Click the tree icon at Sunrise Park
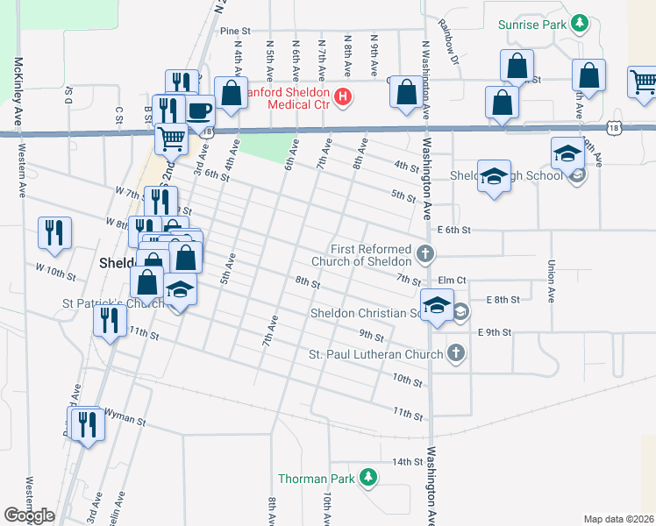pos(579,22)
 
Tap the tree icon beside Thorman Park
pos(369,478)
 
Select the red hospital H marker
pos(343,96)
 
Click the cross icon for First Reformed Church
pos(425,255)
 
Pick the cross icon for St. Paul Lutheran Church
pos(454,353)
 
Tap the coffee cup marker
pos(198,110)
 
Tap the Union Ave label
pos(551,281)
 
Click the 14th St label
pos(407,461)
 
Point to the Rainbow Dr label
pos(450,44)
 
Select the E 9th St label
pos(495,332)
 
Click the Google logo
pos(29,515)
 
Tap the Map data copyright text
pos(618,519)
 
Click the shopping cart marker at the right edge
pos(643,82)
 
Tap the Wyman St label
pos(125,421)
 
